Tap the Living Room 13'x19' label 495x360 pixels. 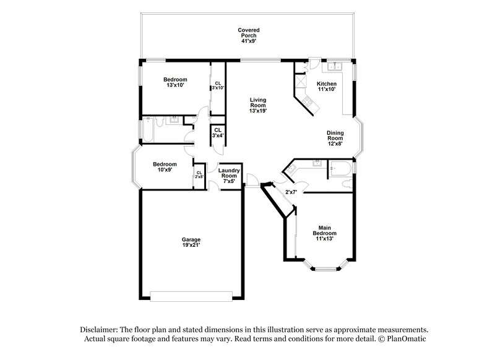coord(259,105)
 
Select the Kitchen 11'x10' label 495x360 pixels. coord(326,87)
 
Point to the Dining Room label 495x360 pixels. coord(335,138)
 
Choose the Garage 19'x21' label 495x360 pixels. coord(191,242)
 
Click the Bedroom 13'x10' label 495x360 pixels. coord(175,82)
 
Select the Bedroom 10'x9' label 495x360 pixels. coord(165,167)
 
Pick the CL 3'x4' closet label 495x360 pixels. coord(218,132)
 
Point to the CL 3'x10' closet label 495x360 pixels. coord(218,86)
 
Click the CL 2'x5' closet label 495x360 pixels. coord(199,175)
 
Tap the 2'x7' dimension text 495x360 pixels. coord(291,192)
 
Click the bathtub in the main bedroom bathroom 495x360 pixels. coord(340,168)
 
